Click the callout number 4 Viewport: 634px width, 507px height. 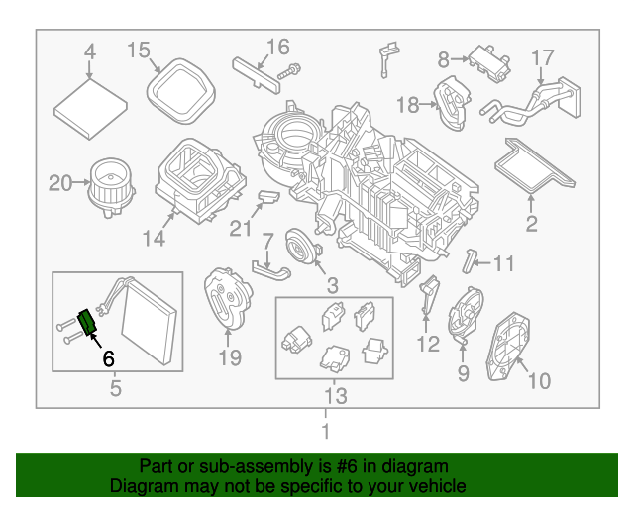tap(89, 51)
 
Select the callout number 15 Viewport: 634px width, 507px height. tap(138, 49)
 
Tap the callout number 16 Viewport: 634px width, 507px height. tap(277, 47)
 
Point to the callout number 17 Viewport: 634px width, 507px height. tap(543, 57)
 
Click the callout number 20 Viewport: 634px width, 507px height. tap(61, 182)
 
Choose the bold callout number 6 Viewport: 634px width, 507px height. tap(109, 358)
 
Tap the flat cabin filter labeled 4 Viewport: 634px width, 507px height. tap(88, 104)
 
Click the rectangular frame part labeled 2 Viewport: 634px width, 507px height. tap(535, 163)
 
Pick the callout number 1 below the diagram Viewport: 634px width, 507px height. tap(324, 432)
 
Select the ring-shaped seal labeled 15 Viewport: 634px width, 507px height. tap(179, 86)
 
